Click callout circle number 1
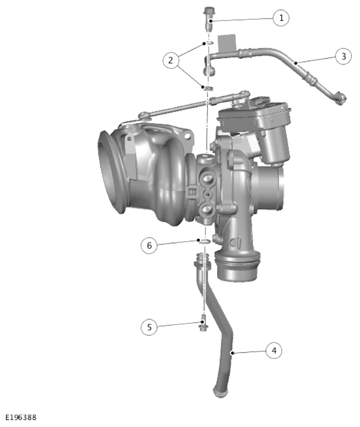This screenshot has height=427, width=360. pos(281,18)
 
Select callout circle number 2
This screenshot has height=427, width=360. pos(171,60)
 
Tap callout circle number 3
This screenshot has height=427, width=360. pos(343,56)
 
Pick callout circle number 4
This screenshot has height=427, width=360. pos(274,350)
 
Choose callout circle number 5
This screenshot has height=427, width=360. pos(149,327)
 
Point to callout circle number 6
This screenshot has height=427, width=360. pos(149,245)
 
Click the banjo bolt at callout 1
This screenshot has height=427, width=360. pos(208,19)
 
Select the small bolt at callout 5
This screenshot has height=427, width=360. pos(203,323)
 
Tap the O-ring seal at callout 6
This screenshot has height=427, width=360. pos(205,241)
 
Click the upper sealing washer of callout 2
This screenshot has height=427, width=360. pos(209,43)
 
